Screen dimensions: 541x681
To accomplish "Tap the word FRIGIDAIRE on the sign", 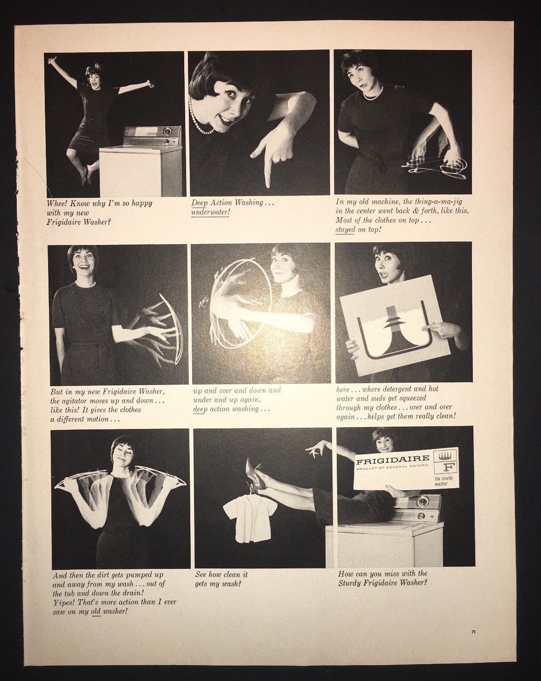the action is pyautogui.click(x=393, y=458).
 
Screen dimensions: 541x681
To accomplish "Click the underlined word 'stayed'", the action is pyautogui.click(x=345, y=229).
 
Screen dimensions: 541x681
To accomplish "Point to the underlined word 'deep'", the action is pyautogui.click(x=200, y=409).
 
